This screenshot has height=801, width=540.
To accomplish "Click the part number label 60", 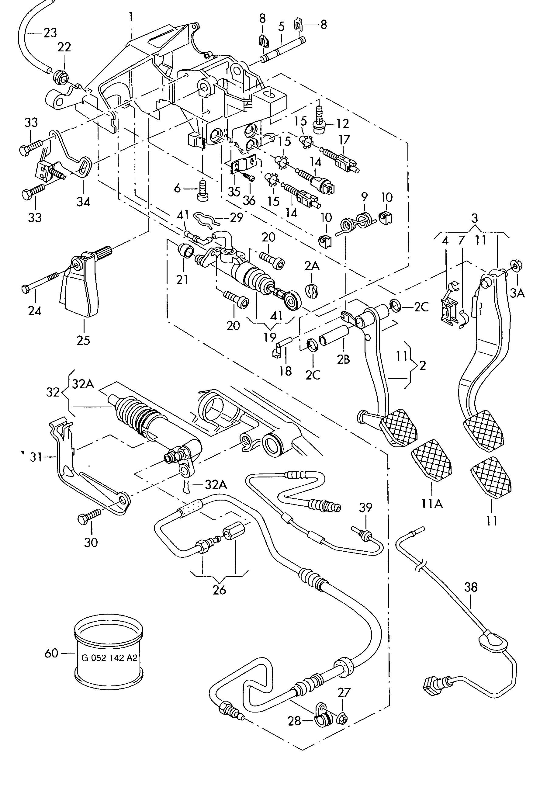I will pos(51,653).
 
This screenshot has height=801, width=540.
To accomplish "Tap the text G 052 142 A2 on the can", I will pos(109,658).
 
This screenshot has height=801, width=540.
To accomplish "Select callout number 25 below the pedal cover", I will pos(83,340).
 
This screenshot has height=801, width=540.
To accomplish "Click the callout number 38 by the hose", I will pos(471,587).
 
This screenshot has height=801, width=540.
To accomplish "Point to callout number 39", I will pos(366,508).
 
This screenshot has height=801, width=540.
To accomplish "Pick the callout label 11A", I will pos(431,504).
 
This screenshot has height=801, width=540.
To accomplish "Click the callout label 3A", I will pos(517,293).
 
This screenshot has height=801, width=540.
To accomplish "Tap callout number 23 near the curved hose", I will pos(50,33).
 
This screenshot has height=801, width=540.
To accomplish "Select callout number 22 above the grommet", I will pos(64,47).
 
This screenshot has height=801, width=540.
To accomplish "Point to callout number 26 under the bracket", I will pos(220,590).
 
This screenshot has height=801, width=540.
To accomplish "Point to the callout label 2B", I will pos(343,359).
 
